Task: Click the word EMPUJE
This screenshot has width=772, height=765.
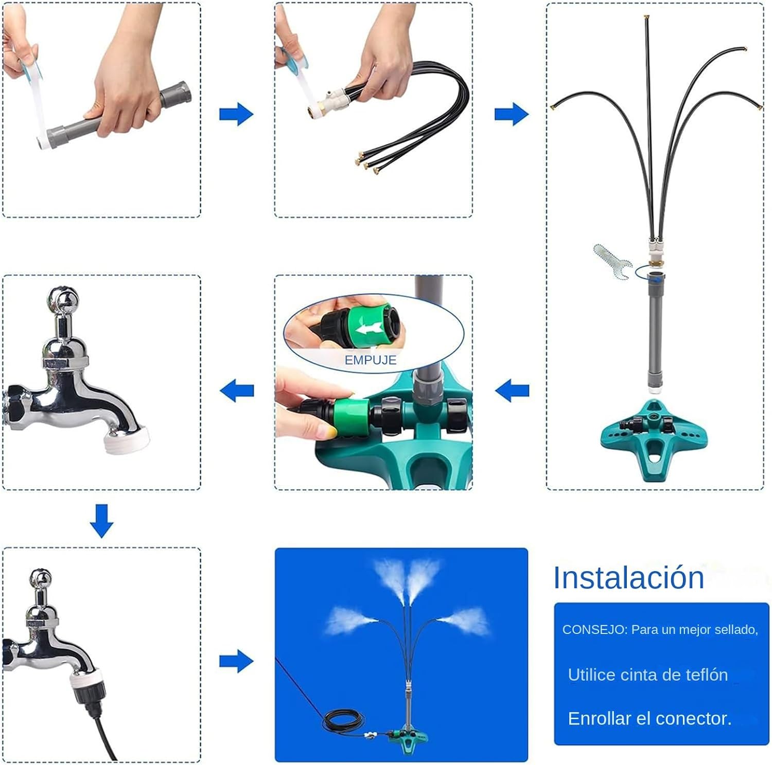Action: [x=371, y=360]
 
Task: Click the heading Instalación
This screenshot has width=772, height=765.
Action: [x=628, y=577]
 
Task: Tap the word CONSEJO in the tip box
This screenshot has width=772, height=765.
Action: [x=592, y=630]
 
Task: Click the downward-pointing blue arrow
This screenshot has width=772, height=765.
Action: [x=101, y=521]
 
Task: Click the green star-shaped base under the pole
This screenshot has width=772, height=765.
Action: [x=654, y=439]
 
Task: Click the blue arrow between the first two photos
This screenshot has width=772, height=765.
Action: [x=236, y=114]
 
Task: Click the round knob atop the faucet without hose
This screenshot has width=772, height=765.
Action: [x=63, y=299]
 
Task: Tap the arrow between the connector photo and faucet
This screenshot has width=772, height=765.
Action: [x=237, y=391]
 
